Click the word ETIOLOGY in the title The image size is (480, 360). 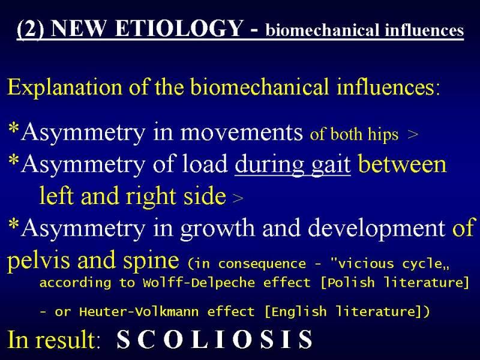point(179,28)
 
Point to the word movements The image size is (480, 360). point(242,133)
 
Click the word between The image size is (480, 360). point(402,164)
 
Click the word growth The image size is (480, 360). point(217,229)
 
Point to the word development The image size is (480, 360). point(377,228)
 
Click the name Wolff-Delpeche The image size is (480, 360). point(199,282)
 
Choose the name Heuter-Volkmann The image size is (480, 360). point(139,311)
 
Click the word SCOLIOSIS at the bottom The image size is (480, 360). point(215,339)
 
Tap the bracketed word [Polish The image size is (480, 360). point(347,282)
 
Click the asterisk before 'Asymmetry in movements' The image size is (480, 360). point(14,128)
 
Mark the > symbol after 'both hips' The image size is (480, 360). point(413,134)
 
